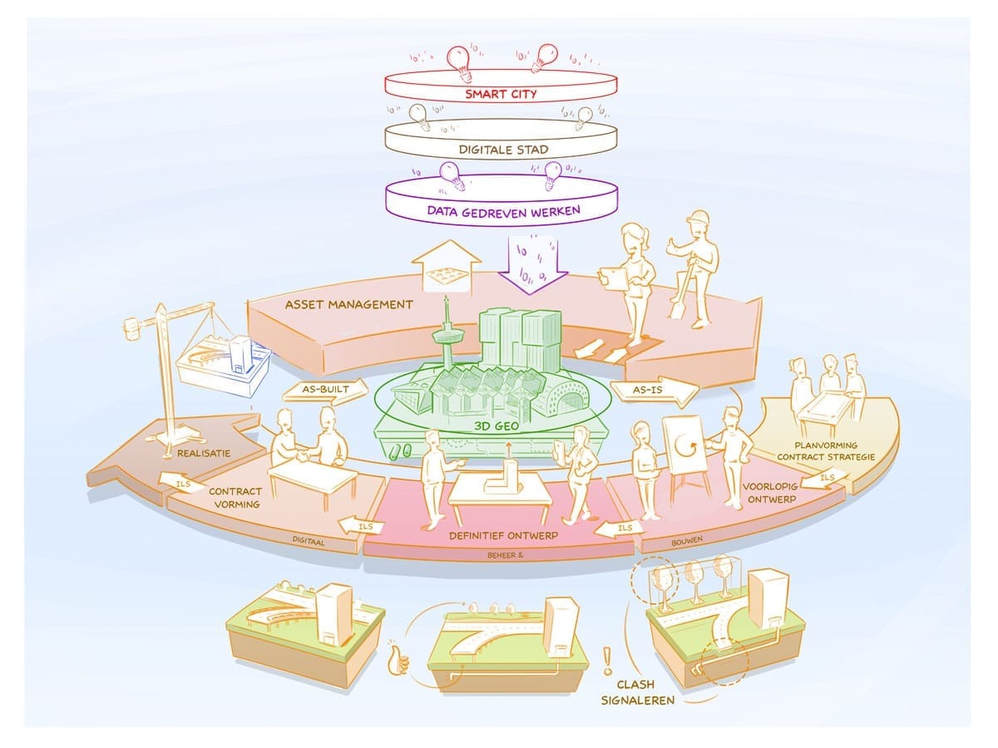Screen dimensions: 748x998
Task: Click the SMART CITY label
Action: [x=500, y=94]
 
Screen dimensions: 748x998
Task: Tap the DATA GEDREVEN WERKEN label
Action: [x=503, y=211]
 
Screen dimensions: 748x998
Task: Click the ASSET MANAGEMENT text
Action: [x=348, y=304]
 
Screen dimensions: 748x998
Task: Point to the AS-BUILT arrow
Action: [x=324, y=388]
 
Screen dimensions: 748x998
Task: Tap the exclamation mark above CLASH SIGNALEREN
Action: [x=608, y=661]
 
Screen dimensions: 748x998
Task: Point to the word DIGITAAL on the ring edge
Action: [x=309, y=541]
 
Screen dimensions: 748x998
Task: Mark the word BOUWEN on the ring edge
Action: [x=688, y=540]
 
